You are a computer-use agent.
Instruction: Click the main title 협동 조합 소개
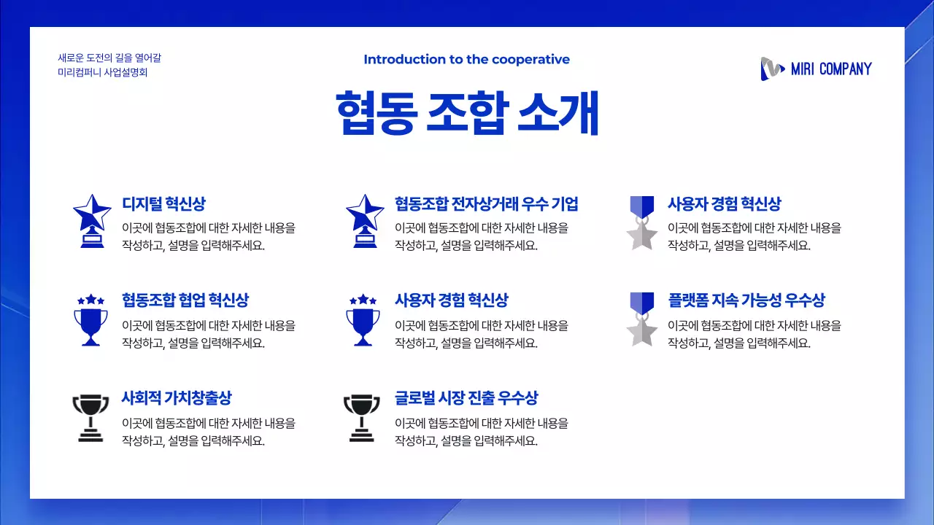pos(467,113)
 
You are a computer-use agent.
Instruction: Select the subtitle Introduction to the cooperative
pos(467,60)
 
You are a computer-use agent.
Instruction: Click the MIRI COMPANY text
pos(831,69)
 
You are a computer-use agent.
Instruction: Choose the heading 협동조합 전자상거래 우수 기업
pos(487,204)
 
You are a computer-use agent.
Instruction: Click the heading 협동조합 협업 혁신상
pos(185,300)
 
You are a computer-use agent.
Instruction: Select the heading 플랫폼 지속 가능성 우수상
pos(746,300)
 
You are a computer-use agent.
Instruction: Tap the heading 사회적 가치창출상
pos(177,398)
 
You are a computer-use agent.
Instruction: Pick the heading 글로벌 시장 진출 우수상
pos(467,398)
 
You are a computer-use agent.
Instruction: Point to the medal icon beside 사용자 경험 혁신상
pos(642,222)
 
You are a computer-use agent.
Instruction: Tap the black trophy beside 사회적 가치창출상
pos(90,418)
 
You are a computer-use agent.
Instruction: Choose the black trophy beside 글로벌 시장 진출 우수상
pos(362,418)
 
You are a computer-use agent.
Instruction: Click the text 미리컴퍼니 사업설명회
pos(103,72)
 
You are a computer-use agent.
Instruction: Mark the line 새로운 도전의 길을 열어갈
pos(109,58)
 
